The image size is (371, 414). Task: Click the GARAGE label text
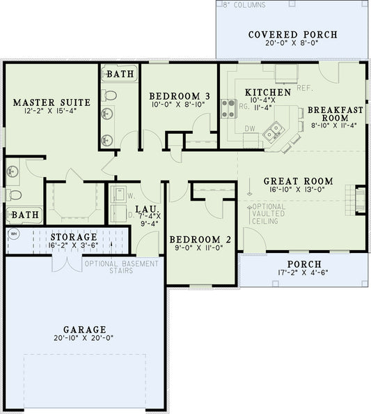[x=84, y=330]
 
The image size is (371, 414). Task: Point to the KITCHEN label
[x=267, y=92]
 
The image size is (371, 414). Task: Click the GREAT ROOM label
[x=298, y=181]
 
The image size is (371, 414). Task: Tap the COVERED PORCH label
[x=292, y=35]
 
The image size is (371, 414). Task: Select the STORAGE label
[x=73, y=237]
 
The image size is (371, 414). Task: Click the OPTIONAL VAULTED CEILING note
[x=268, y=215]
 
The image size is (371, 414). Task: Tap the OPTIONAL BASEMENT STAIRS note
[x=121, y=268]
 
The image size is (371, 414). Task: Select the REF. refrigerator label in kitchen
[x=304, y=88]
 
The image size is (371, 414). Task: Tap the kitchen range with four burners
[x=228, y=108]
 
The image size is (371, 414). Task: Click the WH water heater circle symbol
[x=13, y=233]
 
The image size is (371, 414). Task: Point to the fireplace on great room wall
[x=360, y=199]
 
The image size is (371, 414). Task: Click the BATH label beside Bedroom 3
[x=120, y=72]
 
